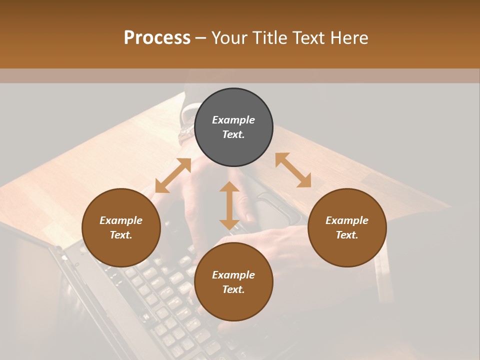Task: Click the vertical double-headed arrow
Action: coord(229,205)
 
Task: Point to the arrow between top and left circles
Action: coord(173,175)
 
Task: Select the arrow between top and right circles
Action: coord(293,170)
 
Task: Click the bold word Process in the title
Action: coord(157,37)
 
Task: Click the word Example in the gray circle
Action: coord(233,120)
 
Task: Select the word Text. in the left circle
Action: coord(121,235)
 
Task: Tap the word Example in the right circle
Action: coord(347,220)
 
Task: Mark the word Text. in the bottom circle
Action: coord(233,289)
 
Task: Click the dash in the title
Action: coord(201,38)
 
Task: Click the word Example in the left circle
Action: coord(121,220)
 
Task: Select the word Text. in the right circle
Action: coord(347,235)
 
